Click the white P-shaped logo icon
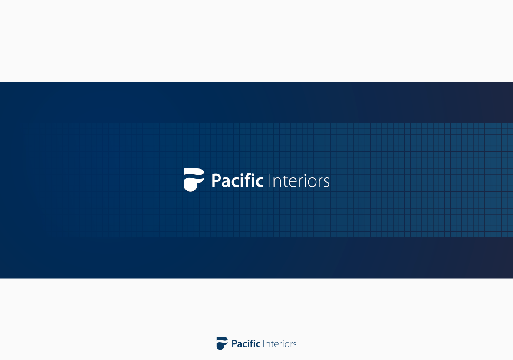pos(194,180)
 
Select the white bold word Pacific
pos(237,181)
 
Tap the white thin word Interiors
pos(299,181)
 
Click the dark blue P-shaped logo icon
pos(222,343)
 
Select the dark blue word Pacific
pos(246,343)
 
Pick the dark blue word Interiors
pos(280,344)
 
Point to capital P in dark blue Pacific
pos(234,343)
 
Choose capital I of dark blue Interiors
pos(264,343)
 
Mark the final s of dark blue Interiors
pos(295,345)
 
